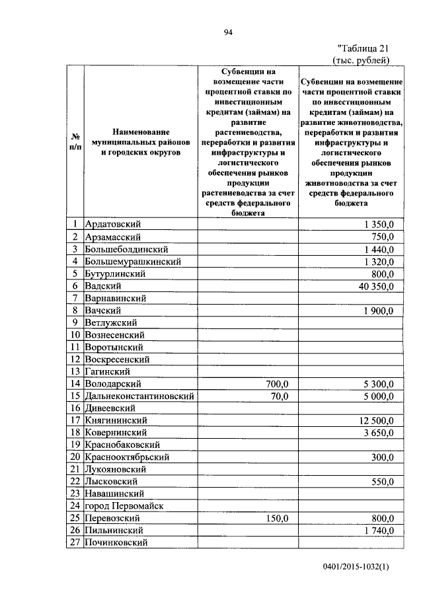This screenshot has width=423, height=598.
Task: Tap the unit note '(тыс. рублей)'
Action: pos(361,60)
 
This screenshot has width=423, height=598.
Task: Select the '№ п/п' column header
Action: pos(75,142)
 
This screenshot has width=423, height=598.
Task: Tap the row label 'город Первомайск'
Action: pos(124,506)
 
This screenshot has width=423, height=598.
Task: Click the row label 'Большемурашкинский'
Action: pos(133,262)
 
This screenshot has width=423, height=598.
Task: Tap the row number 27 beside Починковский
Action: pos(75,542)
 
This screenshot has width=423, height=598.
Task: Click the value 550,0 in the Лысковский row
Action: pos(383,482)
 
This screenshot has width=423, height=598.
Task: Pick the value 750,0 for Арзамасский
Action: pos(383,237)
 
